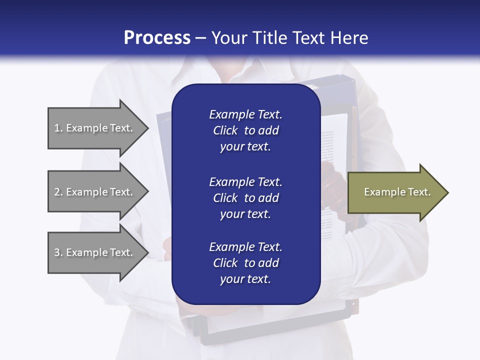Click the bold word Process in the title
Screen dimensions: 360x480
pos(157,38)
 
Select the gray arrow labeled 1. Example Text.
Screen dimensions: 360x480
pos(95,128)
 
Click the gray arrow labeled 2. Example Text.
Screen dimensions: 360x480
pos(95,192)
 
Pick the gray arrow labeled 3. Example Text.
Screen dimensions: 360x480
pos(95,252)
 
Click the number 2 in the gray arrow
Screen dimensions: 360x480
pos(57,192)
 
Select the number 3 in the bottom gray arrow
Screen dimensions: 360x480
pos(57,252)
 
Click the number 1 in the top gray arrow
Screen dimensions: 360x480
pos(56,128)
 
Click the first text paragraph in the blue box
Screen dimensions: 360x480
pos(245,130)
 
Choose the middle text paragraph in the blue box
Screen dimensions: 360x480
pos(245,197)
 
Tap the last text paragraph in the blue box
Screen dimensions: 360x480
pos(245,263)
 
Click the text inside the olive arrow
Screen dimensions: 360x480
pos(397,192)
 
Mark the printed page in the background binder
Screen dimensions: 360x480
pos(328,150)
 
